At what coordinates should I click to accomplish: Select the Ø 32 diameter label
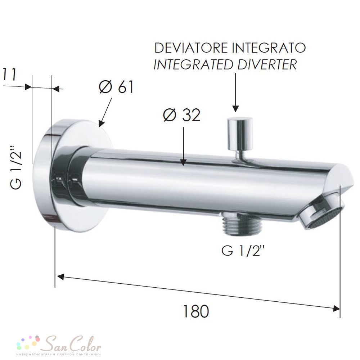tap(181, 116)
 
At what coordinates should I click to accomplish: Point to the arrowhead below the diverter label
tap(235, 108)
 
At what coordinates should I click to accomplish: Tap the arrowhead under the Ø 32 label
tap(184, 163)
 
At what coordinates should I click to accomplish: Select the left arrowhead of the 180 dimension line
tap(60, 277)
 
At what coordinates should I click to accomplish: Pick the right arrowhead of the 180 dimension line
tap(336, 308)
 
